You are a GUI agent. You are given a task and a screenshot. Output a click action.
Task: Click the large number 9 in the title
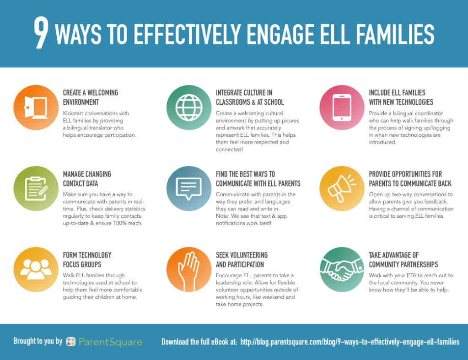pyautogui.click(x=41, y=34)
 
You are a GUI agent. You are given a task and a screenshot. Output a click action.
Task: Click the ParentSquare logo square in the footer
pyautogui.click(x=71, y=342)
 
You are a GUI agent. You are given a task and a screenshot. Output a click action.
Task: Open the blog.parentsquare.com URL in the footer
pyautogui.click(x=350, y=342)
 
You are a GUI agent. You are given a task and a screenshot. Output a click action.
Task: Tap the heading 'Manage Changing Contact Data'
pyautogui.click(x=87, y=179)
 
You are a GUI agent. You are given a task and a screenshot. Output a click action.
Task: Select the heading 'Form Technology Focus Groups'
pyautogui.click(x=87, y=259)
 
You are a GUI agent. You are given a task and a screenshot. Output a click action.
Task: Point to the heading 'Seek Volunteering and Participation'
pyautogui.click(x=242, y=259)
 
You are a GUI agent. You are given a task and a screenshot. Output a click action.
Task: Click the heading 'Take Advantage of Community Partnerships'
pyautogui.click(x=403, y=259)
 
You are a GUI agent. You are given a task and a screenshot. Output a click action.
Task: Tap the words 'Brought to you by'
pyautogui.click(x=38, y=341)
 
